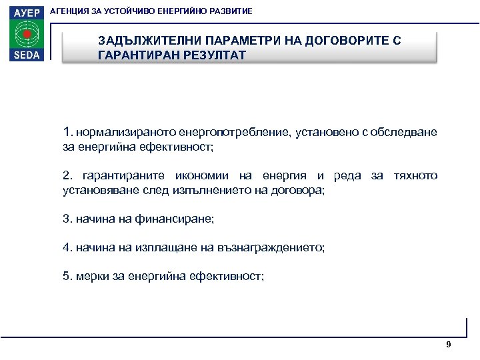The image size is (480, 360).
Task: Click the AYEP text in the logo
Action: click(25, 11)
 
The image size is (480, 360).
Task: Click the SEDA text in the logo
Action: click(25, 54)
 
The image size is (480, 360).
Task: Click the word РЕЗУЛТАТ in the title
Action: click(212, 55)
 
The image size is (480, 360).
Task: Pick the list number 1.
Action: click(66, 131)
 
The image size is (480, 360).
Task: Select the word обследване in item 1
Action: click(406, 132)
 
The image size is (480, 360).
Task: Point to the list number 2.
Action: click(66, 176)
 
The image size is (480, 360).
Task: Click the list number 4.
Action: click(66, 247)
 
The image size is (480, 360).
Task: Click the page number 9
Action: click(448, 344)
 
